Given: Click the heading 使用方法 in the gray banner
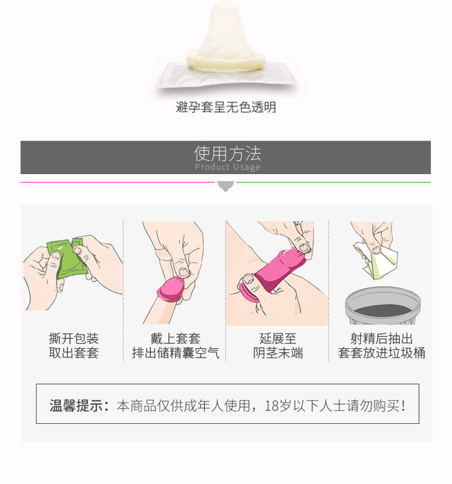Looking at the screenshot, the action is [x=227, y=154].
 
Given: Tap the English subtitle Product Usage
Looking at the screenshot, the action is [x=227, y=167].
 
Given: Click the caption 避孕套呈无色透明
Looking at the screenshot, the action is [x=226, y=107].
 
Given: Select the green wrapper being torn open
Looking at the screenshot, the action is [x=67, y=258].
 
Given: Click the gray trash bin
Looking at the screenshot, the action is [x=383, y=306].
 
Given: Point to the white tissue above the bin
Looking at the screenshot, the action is [x=376, y=261].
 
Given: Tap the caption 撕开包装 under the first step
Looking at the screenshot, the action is [x=74, y=338].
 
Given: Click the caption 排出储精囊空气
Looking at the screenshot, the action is [x=175, y=353].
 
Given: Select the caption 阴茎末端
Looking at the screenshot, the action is [x=278, y=353].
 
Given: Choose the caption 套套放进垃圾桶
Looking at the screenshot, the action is [x=381, y=353].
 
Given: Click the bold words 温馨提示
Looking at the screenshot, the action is [x=76, y=405].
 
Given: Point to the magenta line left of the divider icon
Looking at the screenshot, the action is [x=118, y=182].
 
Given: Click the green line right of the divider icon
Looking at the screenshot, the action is [x=333, y=182].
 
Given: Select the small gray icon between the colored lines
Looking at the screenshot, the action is [x=225, y=186].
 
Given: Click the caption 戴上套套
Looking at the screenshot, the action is [x=175, y=338].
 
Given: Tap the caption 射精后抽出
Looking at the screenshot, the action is [x=381, y=338].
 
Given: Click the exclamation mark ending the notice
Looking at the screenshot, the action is [x=403, y=405].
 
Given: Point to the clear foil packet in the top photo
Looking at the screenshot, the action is [x=227, y=75].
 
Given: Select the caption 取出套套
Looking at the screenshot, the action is [x=74, y=353].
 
